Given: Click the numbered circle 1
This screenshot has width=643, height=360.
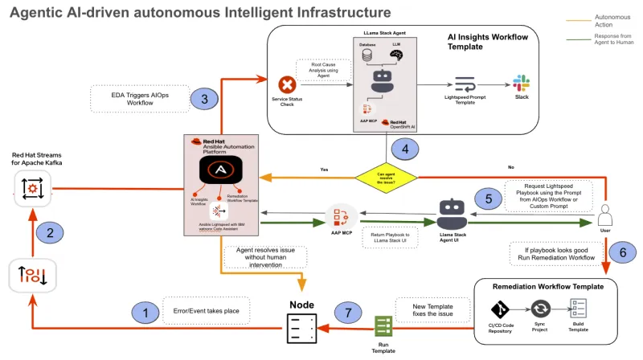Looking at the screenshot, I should point(145,311).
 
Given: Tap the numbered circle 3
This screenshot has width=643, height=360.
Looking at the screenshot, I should point(205,99).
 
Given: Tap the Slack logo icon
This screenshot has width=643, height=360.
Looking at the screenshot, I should point(521,84).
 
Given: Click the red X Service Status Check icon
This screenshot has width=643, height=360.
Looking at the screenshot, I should point(287,84).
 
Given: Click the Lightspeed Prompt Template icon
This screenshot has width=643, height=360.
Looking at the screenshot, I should point(465,84).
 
